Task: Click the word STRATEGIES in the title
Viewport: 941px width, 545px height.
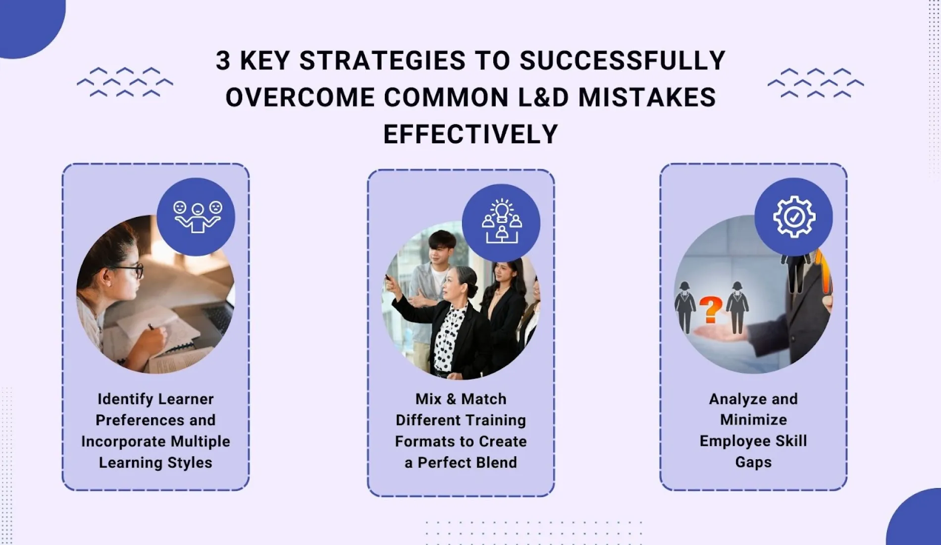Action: (x=382, y=61)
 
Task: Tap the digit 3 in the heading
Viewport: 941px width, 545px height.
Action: (x=223, y=61)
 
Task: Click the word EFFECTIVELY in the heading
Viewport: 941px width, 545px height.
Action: (x=470, y=134)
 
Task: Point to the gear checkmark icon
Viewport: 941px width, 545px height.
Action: (x=793, y=217)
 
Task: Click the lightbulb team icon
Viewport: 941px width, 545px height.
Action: (x=501, y=222)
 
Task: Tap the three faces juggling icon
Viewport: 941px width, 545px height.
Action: (x=197, y=216)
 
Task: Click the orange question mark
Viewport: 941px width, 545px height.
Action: (x=711, y=310)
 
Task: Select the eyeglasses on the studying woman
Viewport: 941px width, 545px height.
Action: (x=130, y=271)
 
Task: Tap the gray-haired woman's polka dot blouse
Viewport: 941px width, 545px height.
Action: (x=448, y=342)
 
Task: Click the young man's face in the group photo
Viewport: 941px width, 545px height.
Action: (x=440, y=248)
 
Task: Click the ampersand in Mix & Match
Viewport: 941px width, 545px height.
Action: (x=451, y=399)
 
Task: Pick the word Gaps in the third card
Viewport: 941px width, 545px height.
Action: (x=753, y=462)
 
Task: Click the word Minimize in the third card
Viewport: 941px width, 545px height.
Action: (x=753, y=420)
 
